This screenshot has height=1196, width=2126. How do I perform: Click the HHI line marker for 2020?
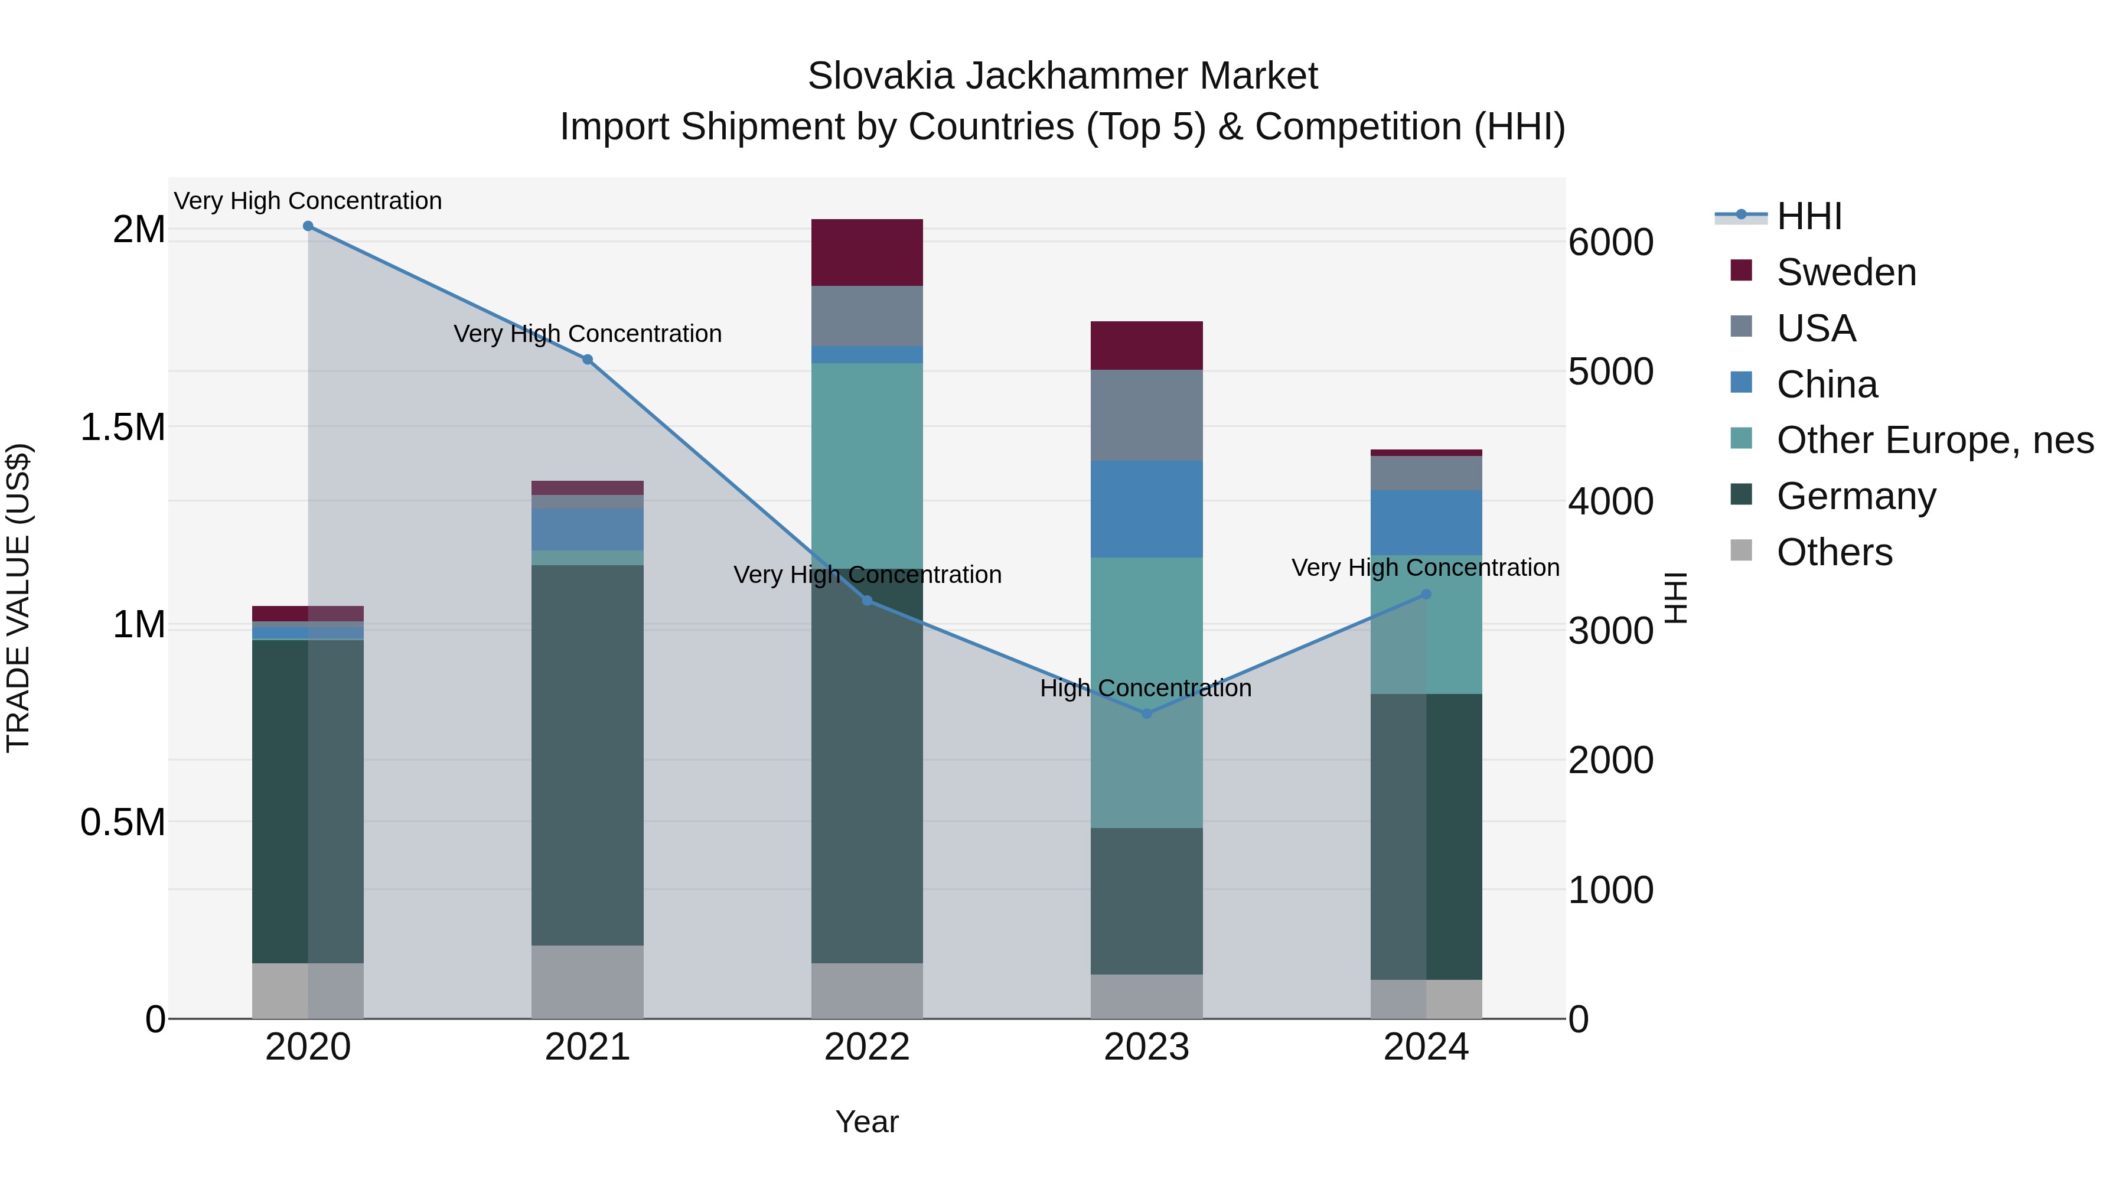click(308, 226)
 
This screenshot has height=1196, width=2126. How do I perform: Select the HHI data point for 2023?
click(1146, 713)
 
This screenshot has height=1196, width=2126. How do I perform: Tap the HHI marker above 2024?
click(1426, 594)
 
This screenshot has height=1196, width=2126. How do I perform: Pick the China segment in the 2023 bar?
click(1146, 509)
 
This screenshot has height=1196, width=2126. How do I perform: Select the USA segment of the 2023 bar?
click(1146, 415)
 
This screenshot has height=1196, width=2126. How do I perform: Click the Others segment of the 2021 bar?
click(587, 982)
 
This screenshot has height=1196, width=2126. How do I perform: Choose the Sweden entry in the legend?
click(1846, 272)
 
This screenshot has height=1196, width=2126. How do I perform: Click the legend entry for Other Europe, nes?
click(1935, 440)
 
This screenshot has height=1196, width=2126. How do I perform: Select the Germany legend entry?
click(1856, 496)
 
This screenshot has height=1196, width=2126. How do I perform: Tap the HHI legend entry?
click(1808, 216)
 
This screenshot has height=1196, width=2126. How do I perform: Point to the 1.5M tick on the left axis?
click(123, 428)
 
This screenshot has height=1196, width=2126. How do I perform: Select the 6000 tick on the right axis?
click(1610, 243)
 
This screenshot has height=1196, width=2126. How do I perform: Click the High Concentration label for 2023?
click(1146, 689)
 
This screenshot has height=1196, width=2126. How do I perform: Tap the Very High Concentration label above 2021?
click(588, 334)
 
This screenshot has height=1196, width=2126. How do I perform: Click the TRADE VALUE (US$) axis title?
click(19, 598)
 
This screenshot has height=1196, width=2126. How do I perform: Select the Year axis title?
click(866, 1122)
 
